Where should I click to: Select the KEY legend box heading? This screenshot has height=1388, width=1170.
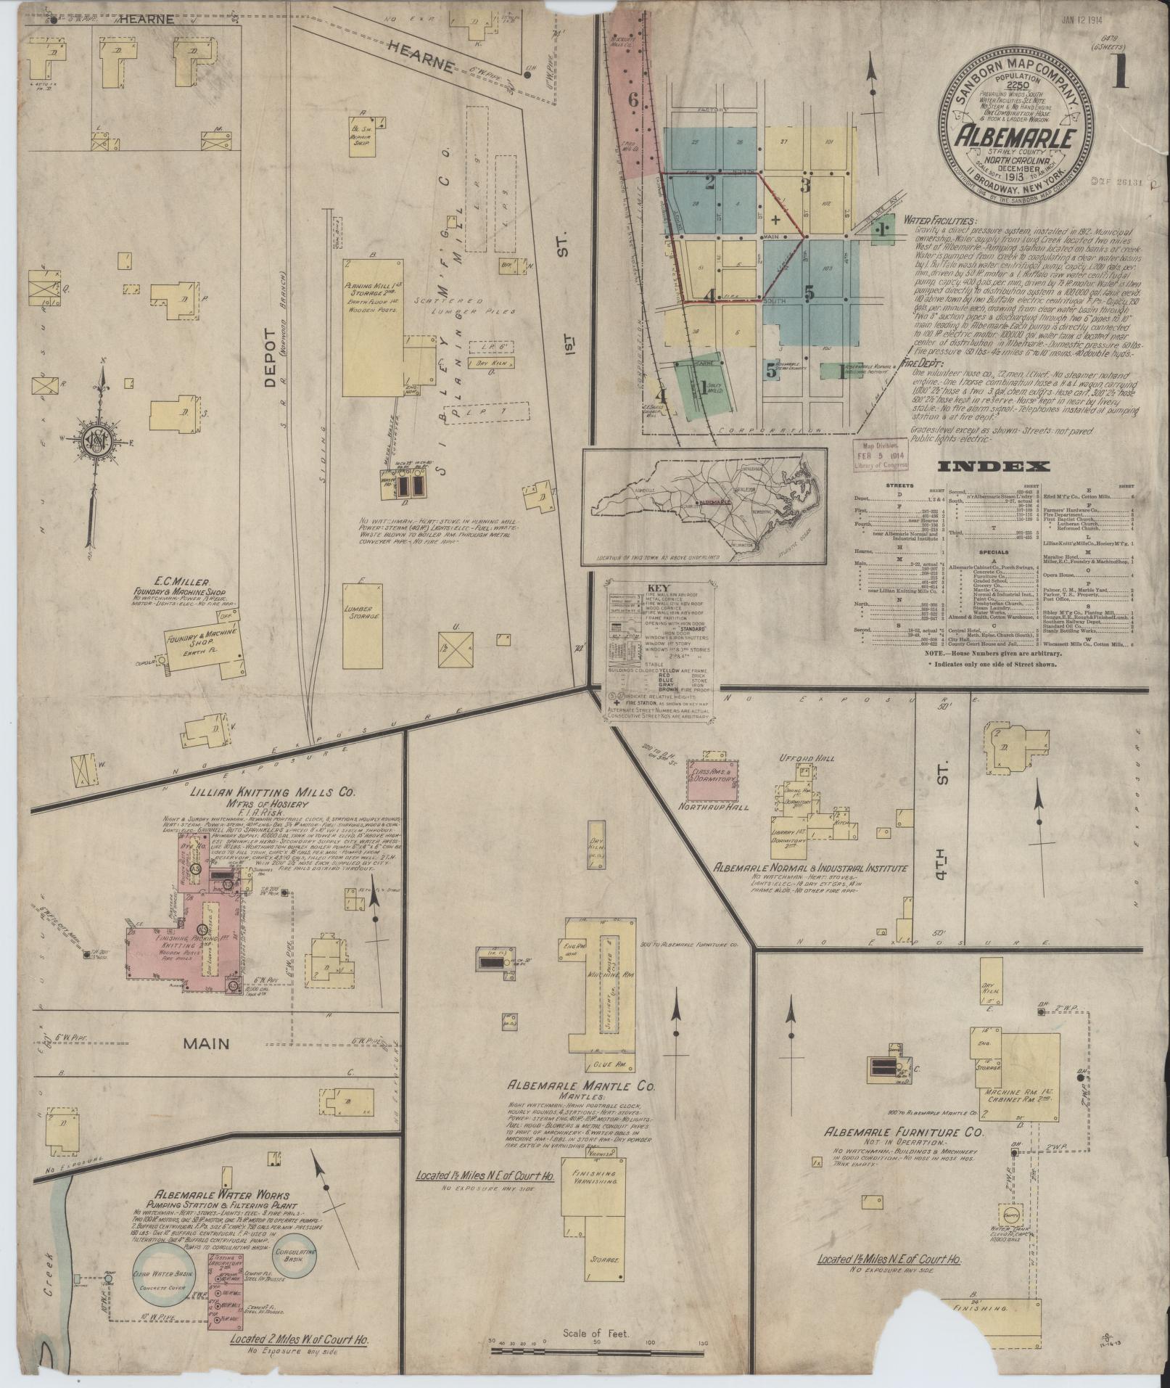(661, 588)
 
